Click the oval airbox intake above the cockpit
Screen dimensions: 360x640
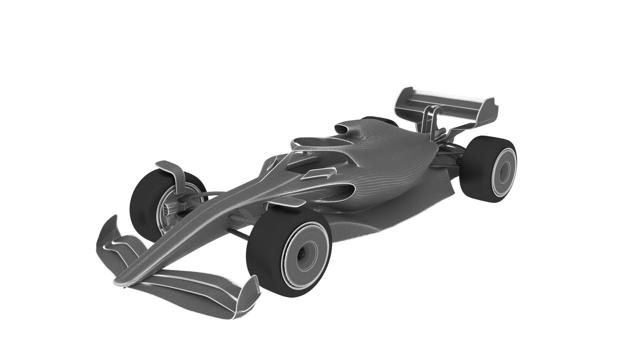click(x=343, y=128)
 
